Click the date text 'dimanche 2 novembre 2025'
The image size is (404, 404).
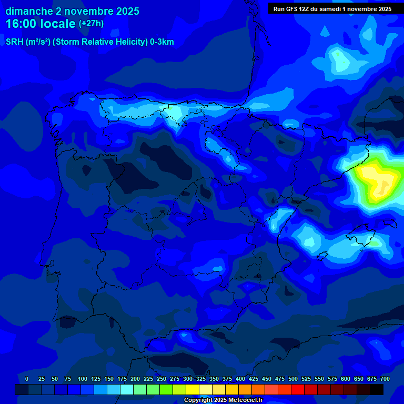point(72,11)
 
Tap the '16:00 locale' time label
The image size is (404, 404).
point(41,24)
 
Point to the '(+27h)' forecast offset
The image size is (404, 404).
point(91,24)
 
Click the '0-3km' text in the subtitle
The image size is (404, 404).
point(161,42)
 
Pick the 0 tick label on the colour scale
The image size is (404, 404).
point(27,379)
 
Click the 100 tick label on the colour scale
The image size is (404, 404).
point(83,379)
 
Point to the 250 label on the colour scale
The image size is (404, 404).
point(161,379)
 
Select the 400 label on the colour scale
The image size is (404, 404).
point(240,379)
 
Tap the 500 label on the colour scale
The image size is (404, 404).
point(293,379)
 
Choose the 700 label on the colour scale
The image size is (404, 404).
point(385,379)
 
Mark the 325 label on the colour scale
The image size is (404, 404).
point(201,379)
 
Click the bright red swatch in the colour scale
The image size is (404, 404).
point(298,389)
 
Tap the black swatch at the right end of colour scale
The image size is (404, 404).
point(377,389)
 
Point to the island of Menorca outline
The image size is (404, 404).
point(389,223)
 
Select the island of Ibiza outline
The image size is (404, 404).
point(319,256)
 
